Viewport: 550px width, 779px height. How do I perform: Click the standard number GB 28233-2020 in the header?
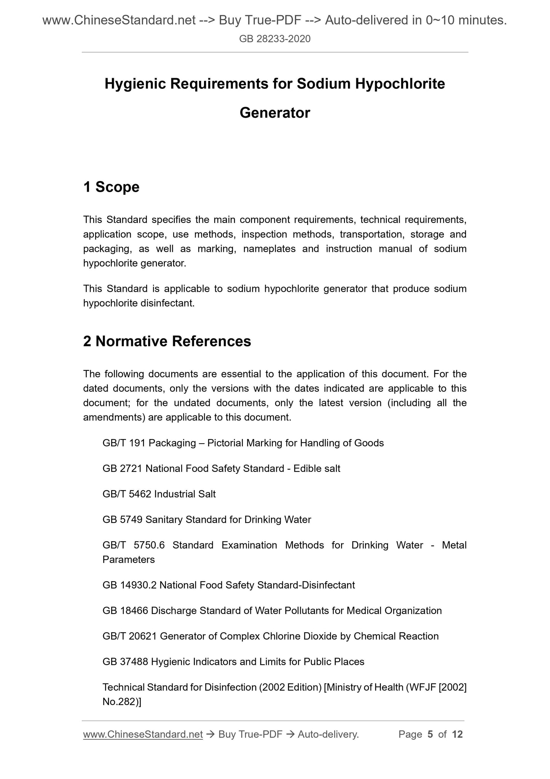tap(275, 38)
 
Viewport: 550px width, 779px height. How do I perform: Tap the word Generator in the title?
tap(275, 113)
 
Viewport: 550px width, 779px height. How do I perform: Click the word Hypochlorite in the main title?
tap(400, 84)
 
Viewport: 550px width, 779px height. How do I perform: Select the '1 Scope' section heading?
tap(111, 187)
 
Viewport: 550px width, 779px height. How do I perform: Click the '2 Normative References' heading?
tap(167, 341)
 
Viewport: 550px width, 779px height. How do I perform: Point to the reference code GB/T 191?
tap(124, 443)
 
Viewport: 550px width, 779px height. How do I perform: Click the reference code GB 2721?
tap(123, 468)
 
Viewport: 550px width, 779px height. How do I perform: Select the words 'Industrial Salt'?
tap(185, 494)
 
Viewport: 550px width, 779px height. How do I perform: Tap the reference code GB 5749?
tap(123, 519)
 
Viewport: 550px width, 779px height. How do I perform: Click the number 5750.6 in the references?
tap(149, 545)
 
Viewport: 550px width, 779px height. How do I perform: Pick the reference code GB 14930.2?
tap(129, 585)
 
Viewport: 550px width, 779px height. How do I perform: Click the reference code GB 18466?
tap(125, 611)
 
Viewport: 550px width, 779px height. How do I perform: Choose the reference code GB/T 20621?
tap(129, 636)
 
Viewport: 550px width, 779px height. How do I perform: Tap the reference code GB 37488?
tap(125, 662)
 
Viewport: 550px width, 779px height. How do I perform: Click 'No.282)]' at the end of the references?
tap(122, 702)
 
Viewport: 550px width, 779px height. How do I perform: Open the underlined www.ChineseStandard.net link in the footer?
tap(143, 734)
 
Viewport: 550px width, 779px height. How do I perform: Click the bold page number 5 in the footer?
tap(430, 734)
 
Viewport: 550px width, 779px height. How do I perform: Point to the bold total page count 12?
tap(457, 734)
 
